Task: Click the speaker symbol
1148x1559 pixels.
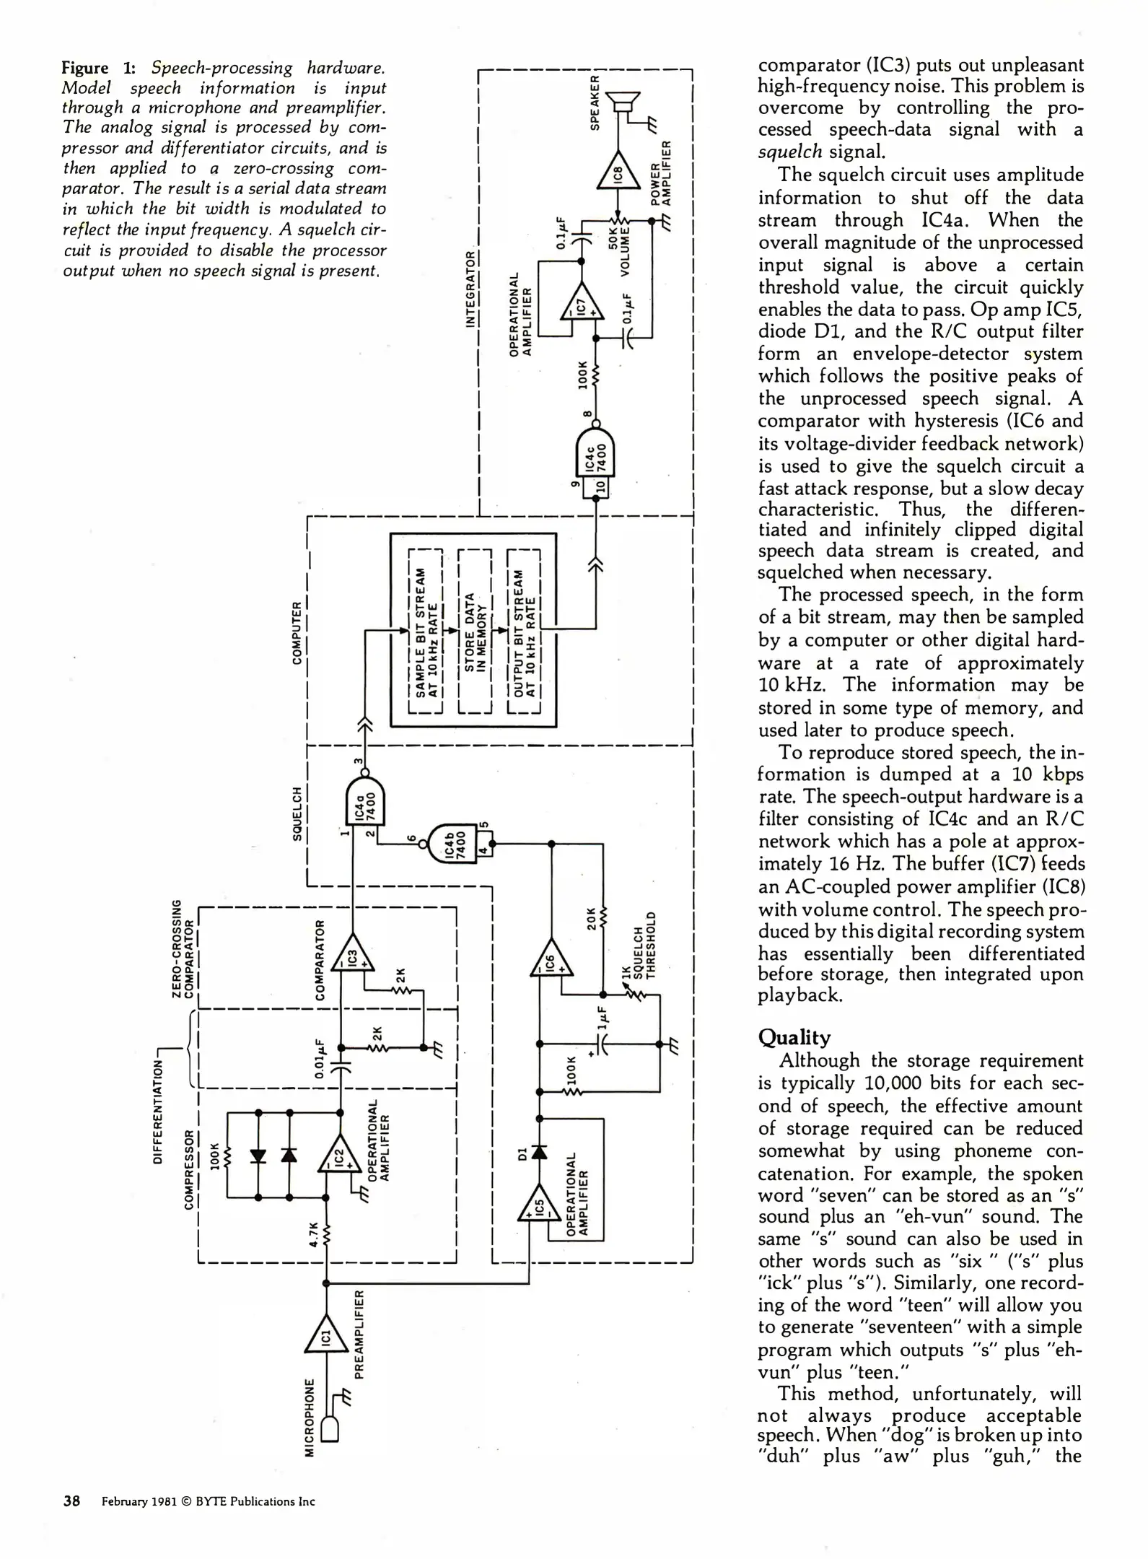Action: (x=623, y=102)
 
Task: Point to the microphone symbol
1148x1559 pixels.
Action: (x=329, y=1429)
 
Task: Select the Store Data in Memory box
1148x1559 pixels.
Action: (x=474, y=631)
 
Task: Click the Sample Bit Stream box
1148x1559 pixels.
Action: (x=425, y=631)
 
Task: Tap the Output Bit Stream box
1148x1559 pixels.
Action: (x=524, y=631)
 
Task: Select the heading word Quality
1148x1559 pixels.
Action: (x=794, y=1038)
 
